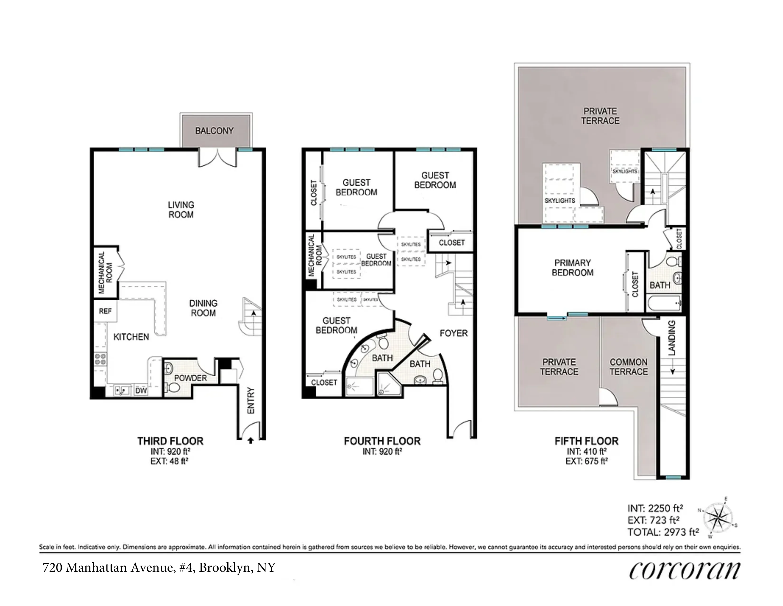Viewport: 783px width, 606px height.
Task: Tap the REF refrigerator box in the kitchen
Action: pyautogui.click(x=105, y=311)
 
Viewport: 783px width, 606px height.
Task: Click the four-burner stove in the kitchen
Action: pyautogui.click(x=100, y=359)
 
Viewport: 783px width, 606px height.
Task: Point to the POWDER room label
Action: pyautogui.click(x=190, y=378)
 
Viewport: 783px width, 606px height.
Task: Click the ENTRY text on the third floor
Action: pyautogui.click(x=251, y=400)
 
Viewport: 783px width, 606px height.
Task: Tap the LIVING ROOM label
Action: pyautogui.click(x=181, y=210)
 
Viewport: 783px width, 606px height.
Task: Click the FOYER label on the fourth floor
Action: pyautogui.click(x=453, y=333)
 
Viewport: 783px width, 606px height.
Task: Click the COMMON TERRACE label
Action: pyautogui.click(x=629, y=367)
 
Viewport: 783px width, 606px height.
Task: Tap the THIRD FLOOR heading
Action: pyautogui.click(x=170, y=441)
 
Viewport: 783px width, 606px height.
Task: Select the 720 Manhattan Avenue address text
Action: pyautogui.click(x=159, y=568)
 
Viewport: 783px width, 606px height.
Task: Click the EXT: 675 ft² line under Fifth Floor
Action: pyautogui.click(x=587, y=461)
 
